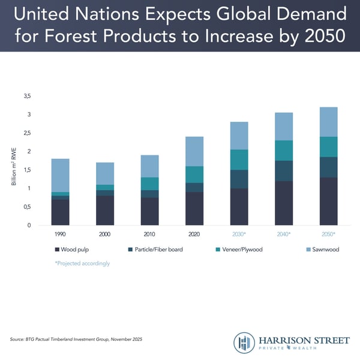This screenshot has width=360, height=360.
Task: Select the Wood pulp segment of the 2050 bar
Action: [328, 201]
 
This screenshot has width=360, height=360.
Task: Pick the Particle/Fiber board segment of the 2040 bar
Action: [284, 171]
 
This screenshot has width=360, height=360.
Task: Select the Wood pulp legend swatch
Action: [57, 250]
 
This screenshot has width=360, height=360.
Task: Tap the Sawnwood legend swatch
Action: [302, 250]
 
